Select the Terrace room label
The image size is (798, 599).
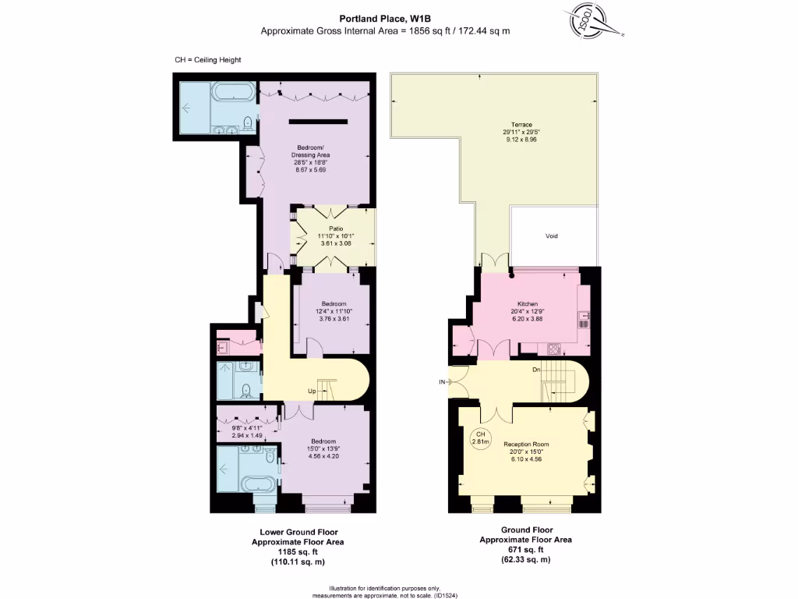521,125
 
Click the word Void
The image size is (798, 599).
552,236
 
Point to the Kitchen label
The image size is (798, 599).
528,304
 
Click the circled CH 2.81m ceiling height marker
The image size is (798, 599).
481,438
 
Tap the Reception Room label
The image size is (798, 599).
522,443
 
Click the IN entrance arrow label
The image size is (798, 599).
443,382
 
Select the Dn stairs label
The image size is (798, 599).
536,370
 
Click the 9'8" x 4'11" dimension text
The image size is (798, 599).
242,428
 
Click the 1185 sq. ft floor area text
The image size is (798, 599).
297,551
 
